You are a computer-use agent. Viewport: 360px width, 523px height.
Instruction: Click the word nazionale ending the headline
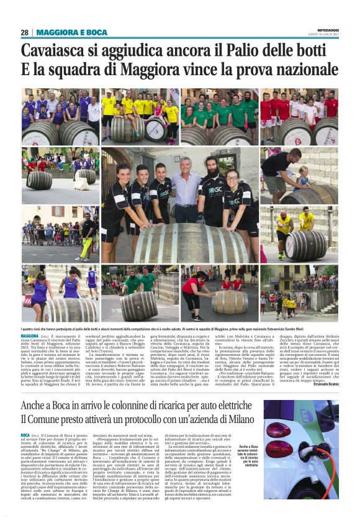pyautogui.click(x=298, y=70)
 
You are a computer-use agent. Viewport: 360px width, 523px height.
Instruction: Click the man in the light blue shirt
pyautogui.click(x=187, y=193)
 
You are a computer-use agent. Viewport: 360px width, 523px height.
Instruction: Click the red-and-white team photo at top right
pyautogui.click(x=299, y=117)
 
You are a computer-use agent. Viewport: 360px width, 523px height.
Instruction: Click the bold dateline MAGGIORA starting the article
pyautogui.click(x=31, y=335)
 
